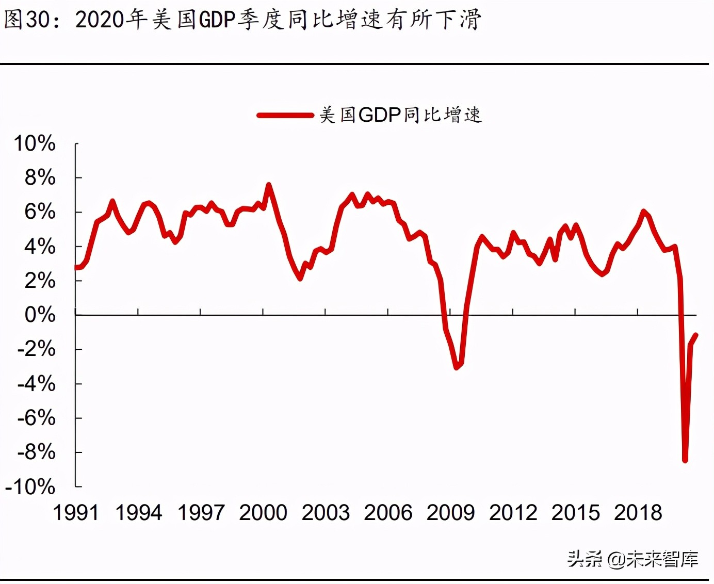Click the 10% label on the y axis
tap(35, 143)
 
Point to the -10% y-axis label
tap(30, 486)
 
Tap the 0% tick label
tap(40, 315)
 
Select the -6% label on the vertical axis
tap(36, 417)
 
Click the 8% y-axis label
tap(40, 177)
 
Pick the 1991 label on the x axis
tap(76, 512)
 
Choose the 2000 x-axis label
tap(263, 512)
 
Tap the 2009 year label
tap(450, 512)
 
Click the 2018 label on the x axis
tap(638, 512)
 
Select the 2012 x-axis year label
tap(513, 512)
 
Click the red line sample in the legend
tap(285, 115)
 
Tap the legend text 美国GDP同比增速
tap(400, 115)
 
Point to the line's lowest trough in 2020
tap(685, 460)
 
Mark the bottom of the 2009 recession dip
tap(456, 367)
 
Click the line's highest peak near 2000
tap(268, 185)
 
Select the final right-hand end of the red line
tap(696, 335)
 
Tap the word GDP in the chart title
tap(217, 20)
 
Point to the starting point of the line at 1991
tap(76, 267)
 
